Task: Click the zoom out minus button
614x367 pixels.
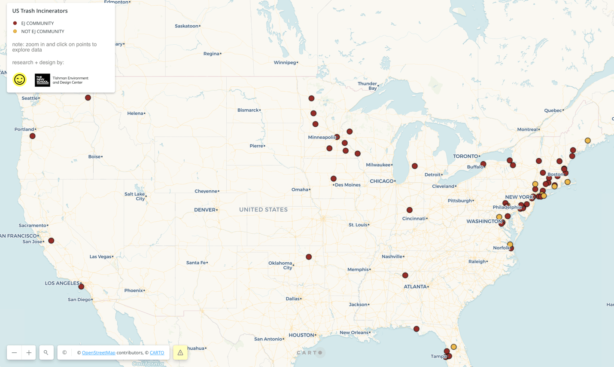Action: click(14, 353)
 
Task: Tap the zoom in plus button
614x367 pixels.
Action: click(29, 353)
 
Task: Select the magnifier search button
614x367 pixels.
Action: click(46, 353)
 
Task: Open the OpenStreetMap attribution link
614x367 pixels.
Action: click(98, 353)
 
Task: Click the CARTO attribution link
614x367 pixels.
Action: click(157, 353)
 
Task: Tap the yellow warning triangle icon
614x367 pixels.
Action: click(180, 353)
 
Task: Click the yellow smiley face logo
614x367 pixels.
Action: click(19, 80)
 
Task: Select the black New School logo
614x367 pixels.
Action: click(43, 80)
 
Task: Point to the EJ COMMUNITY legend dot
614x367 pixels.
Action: click(15, 23)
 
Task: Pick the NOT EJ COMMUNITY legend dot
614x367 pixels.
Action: click(15, 31)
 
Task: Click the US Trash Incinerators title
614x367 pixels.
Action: click(40, 11)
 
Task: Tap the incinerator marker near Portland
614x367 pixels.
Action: click(33, 136)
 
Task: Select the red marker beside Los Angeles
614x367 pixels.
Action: click(81, 287)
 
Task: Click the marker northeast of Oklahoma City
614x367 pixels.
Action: click(309, 257)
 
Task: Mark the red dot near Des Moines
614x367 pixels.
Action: click(334, 179)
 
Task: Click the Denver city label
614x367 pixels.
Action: click(205, 210)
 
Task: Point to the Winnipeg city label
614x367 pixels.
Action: click(285, 63)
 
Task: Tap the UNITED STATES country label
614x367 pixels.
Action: click(263, 210)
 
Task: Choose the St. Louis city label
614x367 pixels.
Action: click(358, 225)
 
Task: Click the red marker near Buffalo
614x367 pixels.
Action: click(483, 164)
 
